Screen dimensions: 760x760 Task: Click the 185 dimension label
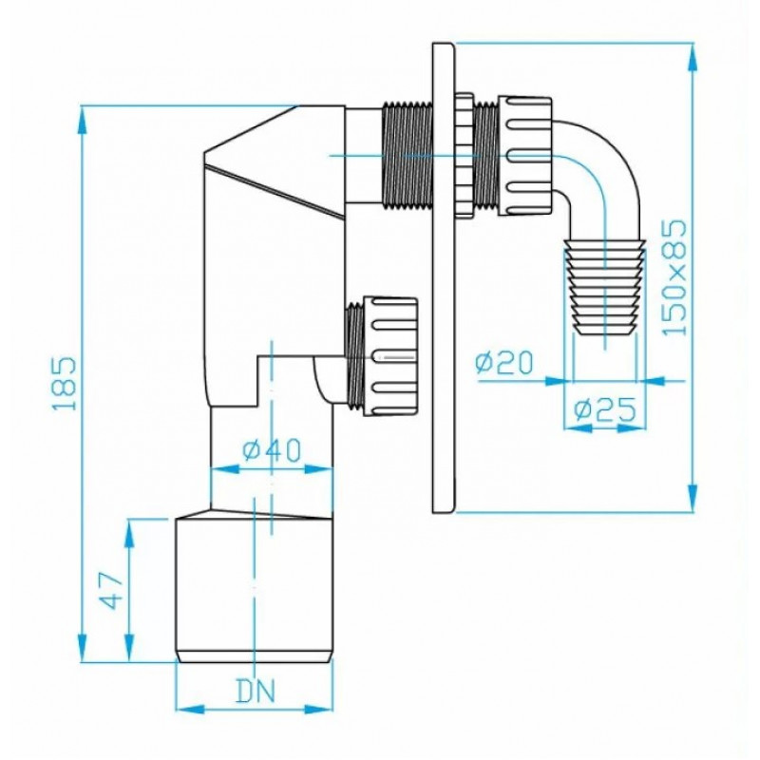[x=65, y=384]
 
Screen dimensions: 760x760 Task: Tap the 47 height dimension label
[x=111, y=590]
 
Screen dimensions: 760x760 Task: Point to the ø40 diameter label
[x=272, y=449]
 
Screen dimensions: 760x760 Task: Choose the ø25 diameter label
[x=605, y=409]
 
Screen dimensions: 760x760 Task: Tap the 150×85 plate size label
[x=674, y=277]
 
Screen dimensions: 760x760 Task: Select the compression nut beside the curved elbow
[x=524, y=156]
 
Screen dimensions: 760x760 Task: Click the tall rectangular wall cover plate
[x=444, y=277]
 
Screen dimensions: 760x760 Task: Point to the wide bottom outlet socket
[x=255, y=590]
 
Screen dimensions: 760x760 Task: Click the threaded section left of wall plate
[x=407, y=156]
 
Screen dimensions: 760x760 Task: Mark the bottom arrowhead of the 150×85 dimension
[x=693, y=496]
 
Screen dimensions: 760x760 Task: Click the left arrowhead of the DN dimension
[x=189, y=709]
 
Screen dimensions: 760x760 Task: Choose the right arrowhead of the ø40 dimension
[x=319, y=468]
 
